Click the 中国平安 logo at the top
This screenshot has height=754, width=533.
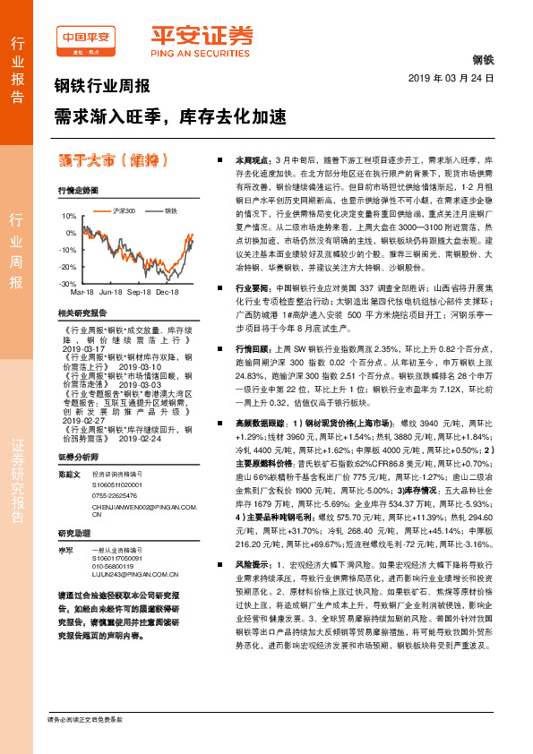click(x=86, y=39)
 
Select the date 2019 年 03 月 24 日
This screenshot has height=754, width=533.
click(x=457, y=79)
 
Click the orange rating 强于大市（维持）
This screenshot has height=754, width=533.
click(x=112, y=161)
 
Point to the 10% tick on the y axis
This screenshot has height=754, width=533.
click(x=68, y=217)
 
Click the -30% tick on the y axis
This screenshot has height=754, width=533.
click(x=67, y=283)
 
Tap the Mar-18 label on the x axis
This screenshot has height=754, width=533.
click(x=82, y=293)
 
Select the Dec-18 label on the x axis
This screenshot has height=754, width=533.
click(x=168, y=293)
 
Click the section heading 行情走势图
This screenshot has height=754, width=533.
click(x=77, y=191)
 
